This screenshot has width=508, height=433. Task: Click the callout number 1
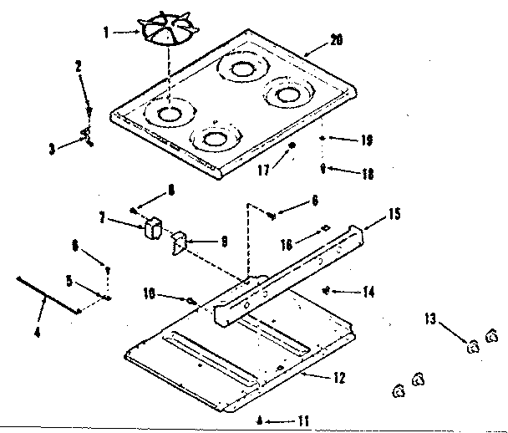pos(106,33)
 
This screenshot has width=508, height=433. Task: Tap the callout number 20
pos(338,39)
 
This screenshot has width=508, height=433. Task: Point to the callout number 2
pos(78,65)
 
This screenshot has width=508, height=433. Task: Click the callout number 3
pos(52,149)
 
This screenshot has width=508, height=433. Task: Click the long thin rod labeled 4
pos(46,293)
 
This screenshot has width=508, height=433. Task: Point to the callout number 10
pos(150,293)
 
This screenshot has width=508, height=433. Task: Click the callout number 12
pos(338,378)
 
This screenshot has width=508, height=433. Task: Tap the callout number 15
pos(394,215)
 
